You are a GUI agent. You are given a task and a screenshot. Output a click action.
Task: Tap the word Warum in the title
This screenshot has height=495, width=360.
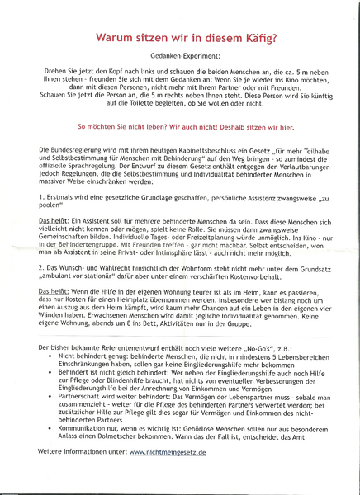[118, 37]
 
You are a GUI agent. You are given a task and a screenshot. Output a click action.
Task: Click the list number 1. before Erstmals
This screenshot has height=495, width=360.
[42, 198]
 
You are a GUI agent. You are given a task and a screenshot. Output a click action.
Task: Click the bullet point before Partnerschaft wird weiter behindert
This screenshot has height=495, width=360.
[53, 420]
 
